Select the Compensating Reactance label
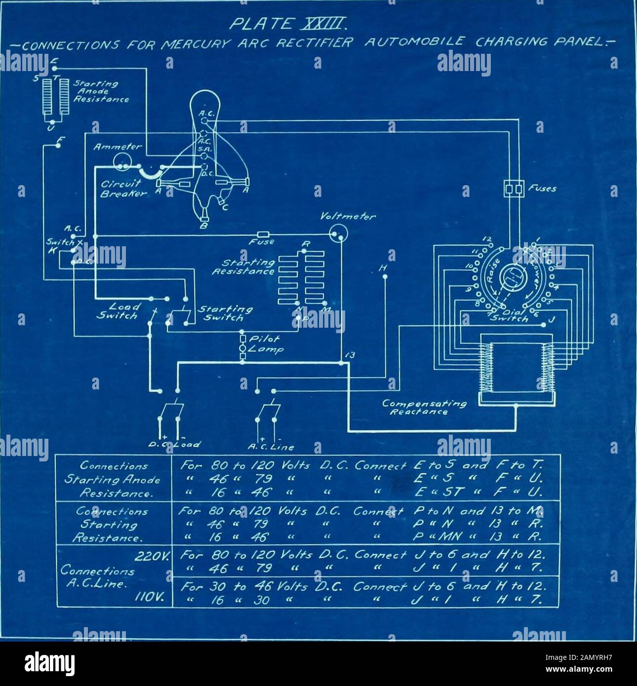tap(424, 407)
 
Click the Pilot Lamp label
tap(266, 344)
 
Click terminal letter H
tap(383, 267)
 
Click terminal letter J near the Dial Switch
tap(553, 319)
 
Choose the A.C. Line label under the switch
tap(271, 447)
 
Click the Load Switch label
tap(118, 311)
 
